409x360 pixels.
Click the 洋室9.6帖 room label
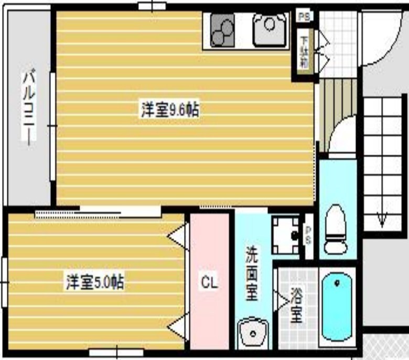click(x=169, y=110)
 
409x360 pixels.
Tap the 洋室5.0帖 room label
click(x=94, y=283)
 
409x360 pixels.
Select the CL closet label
click(x=210, y=283)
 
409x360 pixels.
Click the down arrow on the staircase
click(x=382, y=220)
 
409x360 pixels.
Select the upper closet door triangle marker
click(x=177, y=233)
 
